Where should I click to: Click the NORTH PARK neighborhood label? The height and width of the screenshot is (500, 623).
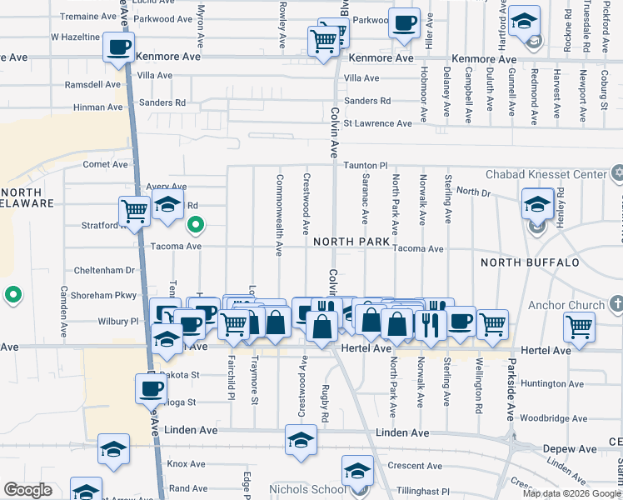[x=351, y=242]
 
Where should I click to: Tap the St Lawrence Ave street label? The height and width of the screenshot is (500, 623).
[x=377, y=123]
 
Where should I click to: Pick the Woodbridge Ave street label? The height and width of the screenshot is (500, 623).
[x=555, y=419]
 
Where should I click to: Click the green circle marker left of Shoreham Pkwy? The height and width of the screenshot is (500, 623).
[x=12, y=295]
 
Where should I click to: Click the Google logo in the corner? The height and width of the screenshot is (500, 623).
[x=27, y=491]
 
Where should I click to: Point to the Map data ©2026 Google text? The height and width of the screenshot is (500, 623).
[x=571, y=493]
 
